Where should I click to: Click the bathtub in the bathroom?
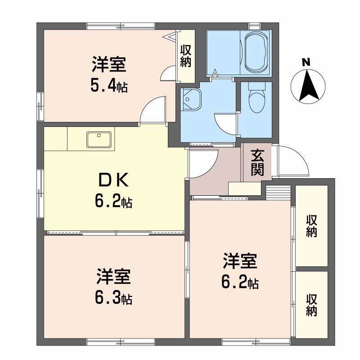(x=256, y=52)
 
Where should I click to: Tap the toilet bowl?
(x=257, y=100)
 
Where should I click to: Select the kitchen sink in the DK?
(x=99, y=139)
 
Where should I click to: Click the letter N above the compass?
(x=306, y=63)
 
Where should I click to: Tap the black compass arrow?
(x=309, y=86)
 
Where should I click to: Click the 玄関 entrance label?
(x=257, y=162)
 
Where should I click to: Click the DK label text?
(x=113, y=180)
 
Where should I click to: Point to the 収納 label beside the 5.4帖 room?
(x=185, y=56)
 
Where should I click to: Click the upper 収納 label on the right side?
(x=311, y=226)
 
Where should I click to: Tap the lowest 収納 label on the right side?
(x=311, y=305)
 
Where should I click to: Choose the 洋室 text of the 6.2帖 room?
(x=240, y=261)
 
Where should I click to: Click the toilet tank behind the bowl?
(x=257, y=86)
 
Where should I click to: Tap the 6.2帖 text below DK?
(x=113, y=201)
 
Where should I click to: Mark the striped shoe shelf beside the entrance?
(x=278, y=190)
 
